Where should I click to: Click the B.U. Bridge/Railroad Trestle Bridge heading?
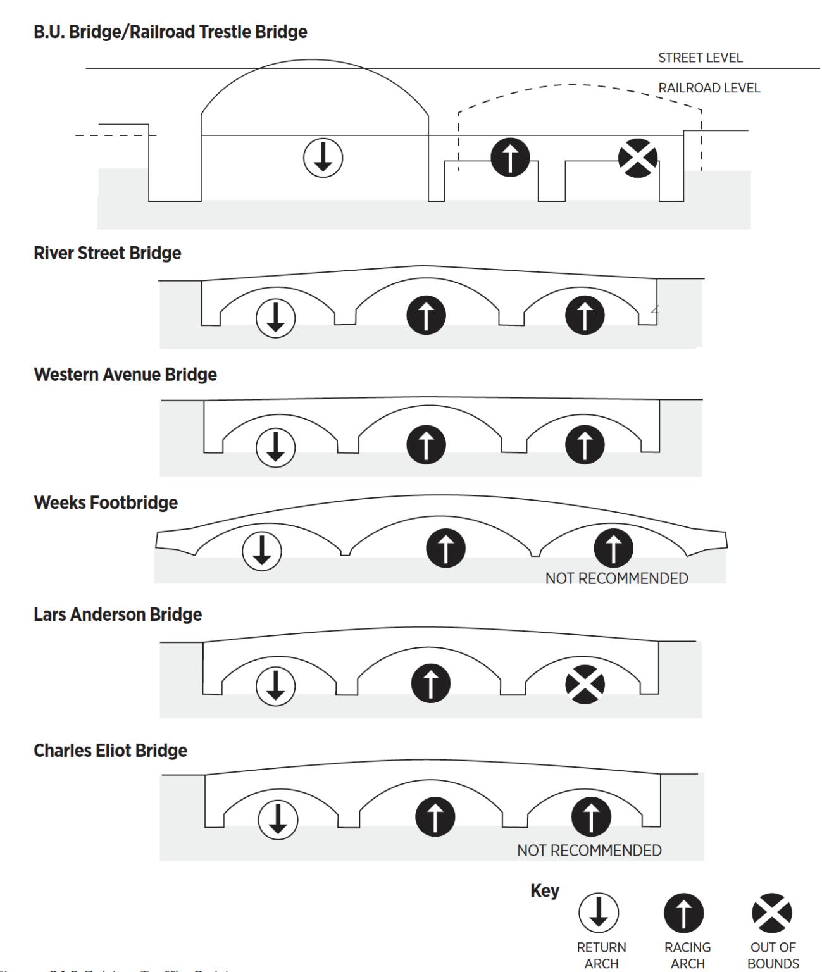170,32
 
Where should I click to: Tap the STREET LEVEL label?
700,58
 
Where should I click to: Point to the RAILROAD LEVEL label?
709,88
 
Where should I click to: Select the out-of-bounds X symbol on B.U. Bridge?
638,158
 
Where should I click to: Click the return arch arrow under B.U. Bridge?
323,158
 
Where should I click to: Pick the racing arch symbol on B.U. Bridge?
510,158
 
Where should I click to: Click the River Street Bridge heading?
108,253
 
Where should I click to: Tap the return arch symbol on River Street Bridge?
275,318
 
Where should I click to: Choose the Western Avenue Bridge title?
125,375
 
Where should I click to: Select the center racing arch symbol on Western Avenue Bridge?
426,444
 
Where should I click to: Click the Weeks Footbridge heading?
106,503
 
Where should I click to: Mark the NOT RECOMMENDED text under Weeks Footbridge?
616,578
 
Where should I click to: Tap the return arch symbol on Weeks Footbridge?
262,551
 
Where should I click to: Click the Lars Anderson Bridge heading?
118,614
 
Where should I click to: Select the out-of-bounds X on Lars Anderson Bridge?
585,684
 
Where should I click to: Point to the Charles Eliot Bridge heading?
110,751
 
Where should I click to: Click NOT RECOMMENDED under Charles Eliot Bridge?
589,850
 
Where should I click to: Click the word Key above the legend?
545,891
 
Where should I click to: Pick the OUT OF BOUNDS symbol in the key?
771,913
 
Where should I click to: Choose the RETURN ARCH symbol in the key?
599,913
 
